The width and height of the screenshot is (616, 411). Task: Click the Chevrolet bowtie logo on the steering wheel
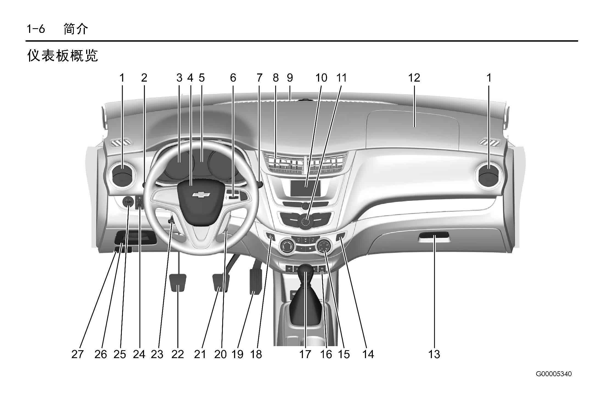(201, 194)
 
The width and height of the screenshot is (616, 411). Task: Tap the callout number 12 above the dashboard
(414, 78)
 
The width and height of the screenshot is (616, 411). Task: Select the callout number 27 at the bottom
(77, 354)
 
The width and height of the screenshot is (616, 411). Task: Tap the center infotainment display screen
(306, 188)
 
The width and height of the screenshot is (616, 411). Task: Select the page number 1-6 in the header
(36, 29)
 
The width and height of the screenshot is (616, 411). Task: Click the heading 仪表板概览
(63, 56)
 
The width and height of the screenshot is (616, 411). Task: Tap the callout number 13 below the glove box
(434, 354)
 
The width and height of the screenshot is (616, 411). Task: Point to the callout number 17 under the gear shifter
(305, 354)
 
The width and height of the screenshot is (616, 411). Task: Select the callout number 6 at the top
(233, 78)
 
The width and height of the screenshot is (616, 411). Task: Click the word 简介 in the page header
(76, 29)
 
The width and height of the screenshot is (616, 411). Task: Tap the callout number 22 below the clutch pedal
(178, 354)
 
